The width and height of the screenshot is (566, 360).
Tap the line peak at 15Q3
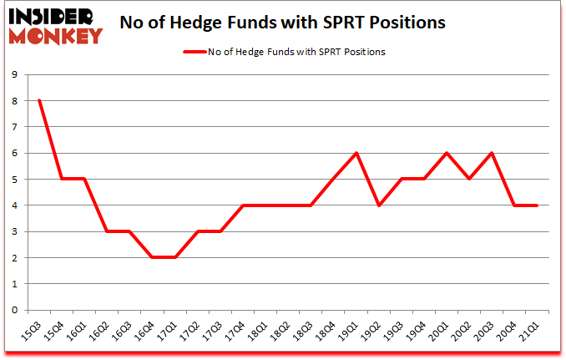pyautogui.click(x=39, y=101)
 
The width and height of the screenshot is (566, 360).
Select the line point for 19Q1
pyautogui.click(x=356, y=153)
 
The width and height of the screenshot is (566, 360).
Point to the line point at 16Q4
pyautogui.click(x=153, y=257)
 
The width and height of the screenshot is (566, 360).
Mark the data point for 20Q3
pyautogui.click(x=492, y=153)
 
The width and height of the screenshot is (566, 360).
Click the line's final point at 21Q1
pyautogui.click(x=537, y=205)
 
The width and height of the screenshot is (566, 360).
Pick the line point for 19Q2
pyautogui.click(x=379, y=205)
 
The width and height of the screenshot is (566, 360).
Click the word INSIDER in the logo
pyautogui.click(x=52, y=15)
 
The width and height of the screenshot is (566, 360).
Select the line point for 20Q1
pyautogui.click(x=447, y=153)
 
